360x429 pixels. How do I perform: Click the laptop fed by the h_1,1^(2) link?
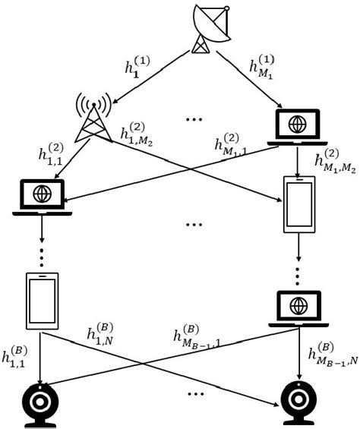43,196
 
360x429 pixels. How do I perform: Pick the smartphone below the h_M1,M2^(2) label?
298,205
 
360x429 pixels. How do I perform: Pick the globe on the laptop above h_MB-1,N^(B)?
297,304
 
